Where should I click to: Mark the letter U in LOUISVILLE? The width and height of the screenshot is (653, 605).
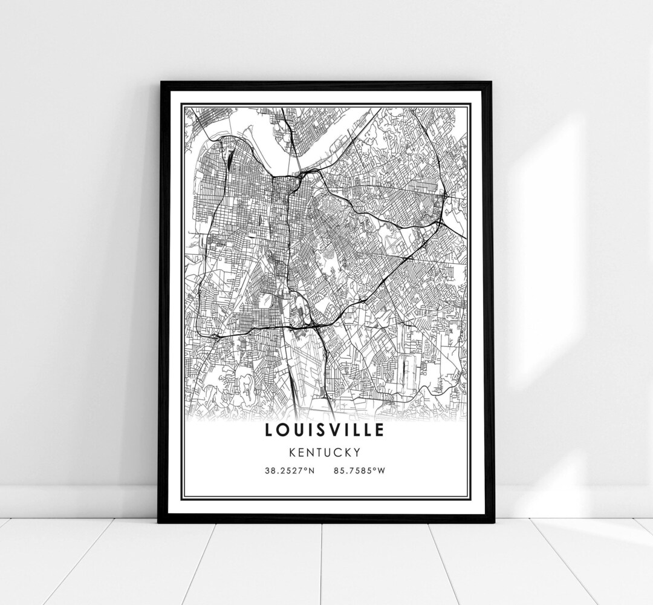[298, 430]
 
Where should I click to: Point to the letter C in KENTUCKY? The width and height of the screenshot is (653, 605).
[338, 451]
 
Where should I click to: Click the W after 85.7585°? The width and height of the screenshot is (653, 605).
[381, 471]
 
